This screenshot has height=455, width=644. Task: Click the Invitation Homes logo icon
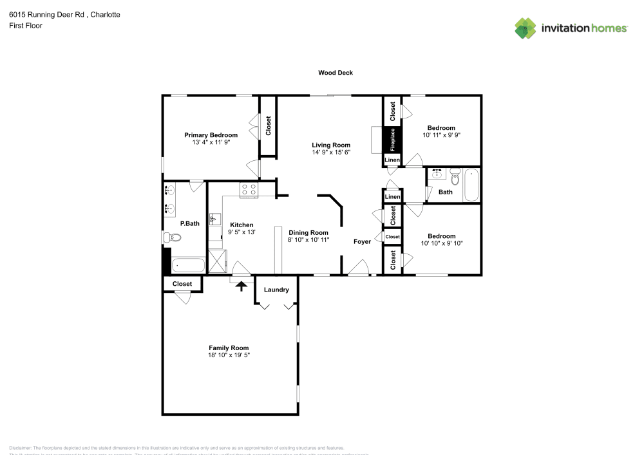[x=526, y=28]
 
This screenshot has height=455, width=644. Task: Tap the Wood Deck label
[x=335, y=73]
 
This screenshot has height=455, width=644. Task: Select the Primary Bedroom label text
[x=211, y=135]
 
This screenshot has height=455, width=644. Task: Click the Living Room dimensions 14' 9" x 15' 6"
[x=331, y=153]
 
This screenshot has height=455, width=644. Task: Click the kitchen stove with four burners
[x=248, y=189]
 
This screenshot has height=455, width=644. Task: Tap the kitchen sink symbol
[x=215, y=219]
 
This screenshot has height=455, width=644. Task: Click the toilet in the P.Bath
[x=173, y=237]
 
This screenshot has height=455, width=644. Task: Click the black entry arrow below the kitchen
[x=242, y=285]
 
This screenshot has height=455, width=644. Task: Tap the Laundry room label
[x=276, y=290]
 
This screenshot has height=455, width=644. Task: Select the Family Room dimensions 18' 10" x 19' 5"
[x=228, y=355]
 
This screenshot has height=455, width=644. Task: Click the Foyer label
[x=362, y=241]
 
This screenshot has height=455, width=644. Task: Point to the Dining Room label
[x=308, y=232]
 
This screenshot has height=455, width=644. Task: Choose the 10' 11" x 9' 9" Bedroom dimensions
[x=441, y=135]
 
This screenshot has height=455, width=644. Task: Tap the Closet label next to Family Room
[x=182, y=283]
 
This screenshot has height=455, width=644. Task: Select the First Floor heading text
[x=26, y=26]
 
